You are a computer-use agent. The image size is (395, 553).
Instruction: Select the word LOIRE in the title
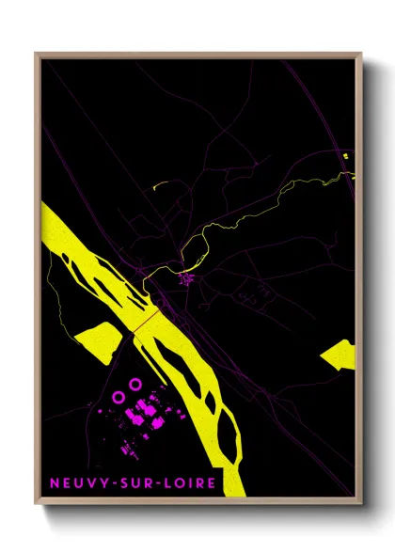click(189, 484)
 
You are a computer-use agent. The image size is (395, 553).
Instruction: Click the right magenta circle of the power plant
click(134, 384)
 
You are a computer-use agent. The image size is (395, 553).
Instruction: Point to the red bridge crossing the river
click(145, 322)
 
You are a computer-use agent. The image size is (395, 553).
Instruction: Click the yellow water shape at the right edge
click(340, 356)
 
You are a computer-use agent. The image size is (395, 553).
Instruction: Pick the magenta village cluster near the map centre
click(187, 278)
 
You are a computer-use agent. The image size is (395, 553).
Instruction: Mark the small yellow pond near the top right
click(346, 153)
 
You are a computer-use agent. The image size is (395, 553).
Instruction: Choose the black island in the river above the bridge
click(89, 273)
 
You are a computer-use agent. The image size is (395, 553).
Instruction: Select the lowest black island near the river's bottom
click(225, 433)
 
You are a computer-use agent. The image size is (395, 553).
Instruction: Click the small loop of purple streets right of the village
click(249, 299)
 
